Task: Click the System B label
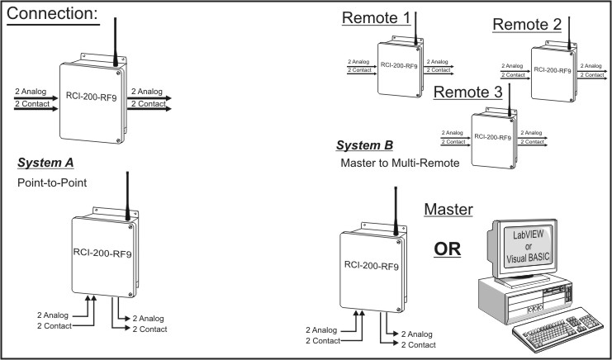364,146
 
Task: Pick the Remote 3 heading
467,93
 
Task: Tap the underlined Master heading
448,209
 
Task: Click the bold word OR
448,249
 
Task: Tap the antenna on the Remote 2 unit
568,33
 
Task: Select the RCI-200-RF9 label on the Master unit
372,268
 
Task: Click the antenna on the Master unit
394,210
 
